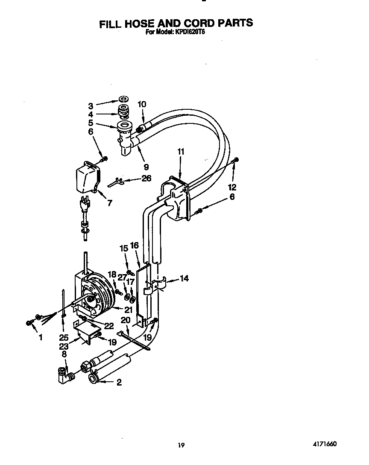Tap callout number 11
pyautogui.click(x=181, y=151)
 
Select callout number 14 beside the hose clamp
pyautogui.click(x=184, y=278)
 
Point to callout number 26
pyautogui.click(x=146, y=178)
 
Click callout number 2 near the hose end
pyautogui.click(x=119, y=382)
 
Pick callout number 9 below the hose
pyautogui.click(x=146, y=167)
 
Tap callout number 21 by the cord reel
pyautogui.click(x=128, y=310)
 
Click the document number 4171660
pyautogui.click(x=325, y=444)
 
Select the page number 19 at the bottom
pyautogui.click(x=181, y=445)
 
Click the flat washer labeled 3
pyautogui.click(x=124, y=99)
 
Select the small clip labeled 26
pyautogui.click(x=115, y=181)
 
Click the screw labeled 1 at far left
pyautogui.click(x=29, y=322)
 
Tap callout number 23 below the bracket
pyautogui.click(x=64, y=346)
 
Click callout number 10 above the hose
pyautogui.click(x=142, y=104)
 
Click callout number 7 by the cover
pyautogui.click(x=110, y=203)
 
